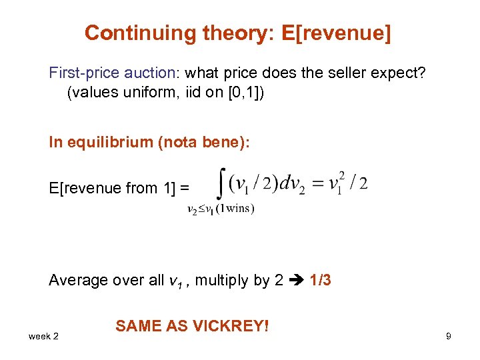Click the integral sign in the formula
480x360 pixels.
click(x=221, y=181)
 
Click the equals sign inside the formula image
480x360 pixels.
click(x=320, y=183)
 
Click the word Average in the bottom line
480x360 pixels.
click(x=77, y=280)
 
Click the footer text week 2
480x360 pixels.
click(x=43, y=336)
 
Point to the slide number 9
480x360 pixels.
click(x=449, y=336)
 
